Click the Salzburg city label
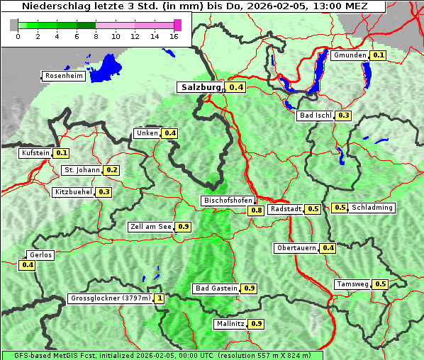click(x=201, y=88)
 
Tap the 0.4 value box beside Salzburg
click(x=236, y=88)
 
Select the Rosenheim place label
click(x=63, y=76)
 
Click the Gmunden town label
click(x=350, y=55)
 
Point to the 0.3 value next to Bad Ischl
click(x=344, y=116)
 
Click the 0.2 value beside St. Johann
click(x=111, y=170)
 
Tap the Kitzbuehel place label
click(x=73, y=192)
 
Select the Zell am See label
click(x=151, y=227)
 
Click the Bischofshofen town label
click(x=228, y=201)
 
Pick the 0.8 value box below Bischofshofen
click(x=256, y=210)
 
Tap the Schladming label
click(x=372, y=208)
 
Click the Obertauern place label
click(x=296, y=248)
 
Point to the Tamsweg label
click(x=353, y=284)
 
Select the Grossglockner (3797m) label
click(x=111, y=298)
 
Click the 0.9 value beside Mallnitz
click(x=256, y=324)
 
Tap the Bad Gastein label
click(x=216, y=288)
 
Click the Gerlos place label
click(x=40, y=255)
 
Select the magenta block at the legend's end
click(x=177, y=25)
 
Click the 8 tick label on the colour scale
click(x=95, y=36)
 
